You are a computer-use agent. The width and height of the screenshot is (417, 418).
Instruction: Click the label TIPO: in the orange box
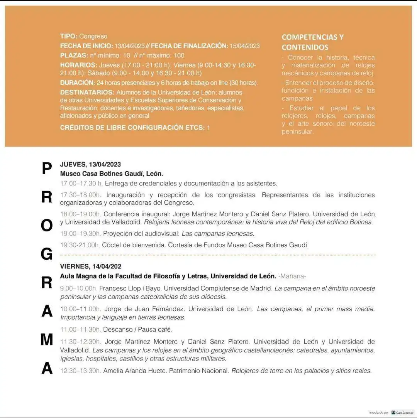coord(69,36)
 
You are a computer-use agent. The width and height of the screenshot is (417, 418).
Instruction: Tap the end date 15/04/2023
coord(244,46)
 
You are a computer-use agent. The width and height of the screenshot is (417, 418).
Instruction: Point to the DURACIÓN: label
coord(77,83)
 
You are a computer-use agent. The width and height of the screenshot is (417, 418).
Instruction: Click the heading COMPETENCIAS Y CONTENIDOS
coord(312,42)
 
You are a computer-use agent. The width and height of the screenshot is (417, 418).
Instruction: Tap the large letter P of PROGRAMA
coord(47,169)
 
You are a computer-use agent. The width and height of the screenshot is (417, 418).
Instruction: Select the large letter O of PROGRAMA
coord(47,226)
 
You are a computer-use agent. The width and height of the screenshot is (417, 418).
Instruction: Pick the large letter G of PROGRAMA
coord(47,254)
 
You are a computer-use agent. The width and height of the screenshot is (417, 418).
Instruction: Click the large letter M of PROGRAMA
coord(47,339)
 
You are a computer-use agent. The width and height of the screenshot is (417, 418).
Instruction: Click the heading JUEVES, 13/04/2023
coord(90,165)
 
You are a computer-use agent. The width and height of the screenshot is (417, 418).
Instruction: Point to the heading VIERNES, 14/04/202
coord(91,266)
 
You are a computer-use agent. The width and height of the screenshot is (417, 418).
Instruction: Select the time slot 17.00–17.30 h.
coord(81,184)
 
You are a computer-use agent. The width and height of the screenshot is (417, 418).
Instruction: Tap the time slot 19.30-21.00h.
coord(80,245)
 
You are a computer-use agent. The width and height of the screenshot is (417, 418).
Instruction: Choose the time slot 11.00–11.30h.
coord(80,330)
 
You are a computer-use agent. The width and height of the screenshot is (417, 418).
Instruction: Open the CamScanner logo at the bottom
coord(402,412)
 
